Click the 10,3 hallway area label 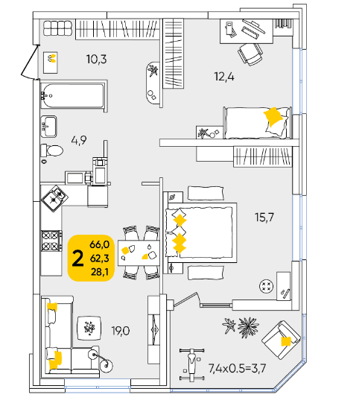click(x=97, y=59)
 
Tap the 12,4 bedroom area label click(x=224, y=77)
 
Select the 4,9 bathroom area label click(x=79, y=140)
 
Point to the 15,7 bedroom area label click(x=264, y=217)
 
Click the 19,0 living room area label click(x=121, y=331)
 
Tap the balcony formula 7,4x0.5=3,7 click(x=237, y=368)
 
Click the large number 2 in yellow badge click(x=77, y=259)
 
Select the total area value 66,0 click(x=99, y=244)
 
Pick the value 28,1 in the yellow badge click(x=99, y=272)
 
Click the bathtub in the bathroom click(x=74, y=95)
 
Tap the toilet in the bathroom click(x=51, y=150)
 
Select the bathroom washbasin click(x=48, y=127)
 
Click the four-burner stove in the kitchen click(x=51, y=241)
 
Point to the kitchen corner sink click(x=54, y=198)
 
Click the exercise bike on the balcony click(x=191, y=364)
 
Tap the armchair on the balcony click(x=281, y=340)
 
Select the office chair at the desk click(x=250, y=54)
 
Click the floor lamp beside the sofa click(x=101, y=359)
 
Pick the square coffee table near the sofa click(x=89, y=328)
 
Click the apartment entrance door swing click(x=30, y=62)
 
